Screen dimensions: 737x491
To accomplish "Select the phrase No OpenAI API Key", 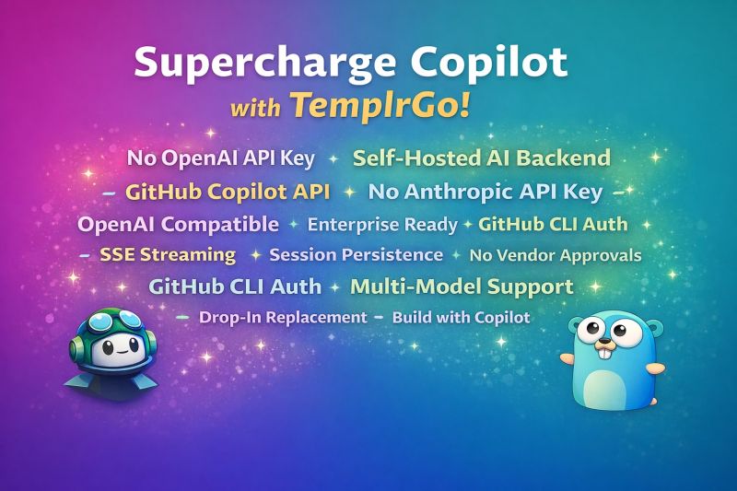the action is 221,158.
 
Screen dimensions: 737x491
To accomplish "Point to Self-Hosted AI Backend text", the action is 482,158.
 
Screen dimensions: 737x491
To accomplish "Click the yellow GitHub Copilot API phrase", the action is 228,192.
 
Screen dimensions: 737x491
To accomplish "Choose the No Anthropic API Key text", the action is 485,193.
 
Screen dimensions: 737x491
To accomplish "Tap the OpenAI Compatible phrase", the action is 178,225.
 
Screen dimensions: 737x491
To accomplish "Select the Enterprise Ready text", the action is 382,225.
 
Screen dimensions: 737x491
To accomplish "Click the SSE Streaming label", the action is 168,254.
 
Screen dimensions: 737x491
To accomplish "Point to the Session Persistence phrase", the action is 356,254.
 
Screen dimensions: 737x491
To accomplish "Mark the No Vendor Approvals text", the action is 556,255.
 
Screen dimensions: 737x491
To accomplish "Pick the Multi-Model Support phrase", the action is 462,286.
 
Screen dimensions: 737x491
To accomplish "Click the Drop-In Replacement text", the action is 283,318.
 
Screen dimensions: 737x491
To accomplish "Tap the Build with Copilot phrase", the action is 462,318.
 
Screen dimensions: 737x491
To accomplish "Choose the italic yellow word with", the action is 255,108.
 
